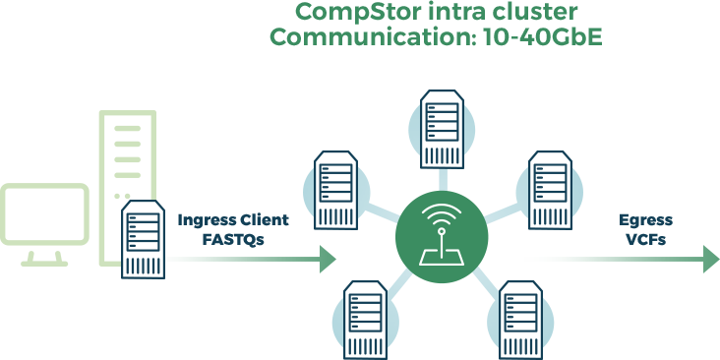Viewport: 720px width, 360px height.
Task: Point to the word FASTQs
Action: click(233, 240)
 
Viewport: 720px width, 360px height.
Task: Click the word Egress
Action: click(645, 220)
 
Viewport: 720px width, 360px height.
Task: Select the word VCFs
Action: click(645, 240)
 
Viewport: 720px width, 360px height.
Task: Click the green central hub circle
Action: click(442, 237)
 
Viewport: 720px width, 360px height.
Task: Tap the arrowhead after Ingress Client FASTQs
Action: click(328, 260)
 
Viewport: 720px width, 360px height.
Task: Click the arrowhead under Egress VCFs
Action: click(711, 260)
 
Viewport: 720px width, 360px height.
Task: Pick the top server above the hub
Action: click(442, 129)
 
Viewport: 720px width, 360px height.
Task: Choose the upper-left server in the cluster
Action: click(335, 190)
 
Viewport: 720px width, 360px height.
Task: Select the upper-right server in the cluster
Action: click(550, 190)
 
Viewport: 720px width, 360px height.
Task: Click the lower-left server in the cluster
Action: click(366, 320)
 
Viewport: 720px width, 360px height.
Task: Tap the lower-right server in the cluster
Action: click(520, 320)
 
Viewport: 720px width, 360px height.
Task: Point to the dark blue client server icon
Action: click(144, 239)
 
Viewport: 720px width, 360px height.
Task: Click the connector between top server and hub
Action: click(442, 180)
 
